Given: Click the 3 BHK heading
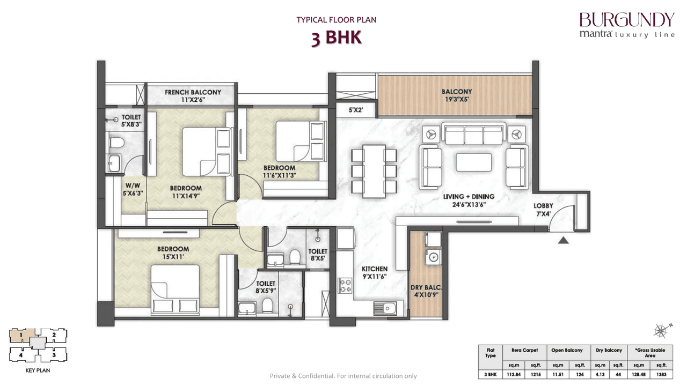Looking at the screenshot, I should [336, 39].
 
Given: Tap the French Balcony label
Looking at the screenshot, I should [192, 92].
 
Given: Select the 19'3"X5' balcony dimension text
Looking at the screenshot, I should [457, 99].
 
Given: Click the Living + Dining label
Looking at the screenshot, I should [469, 197].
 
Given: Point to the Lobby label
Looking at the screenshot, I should [543, 206].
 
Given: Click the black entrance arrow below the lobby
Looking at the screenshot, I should [563, 241].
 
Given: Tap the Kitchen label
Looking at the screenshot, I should [374, 269].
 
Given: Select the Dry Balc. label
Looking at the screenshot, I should [426, 287].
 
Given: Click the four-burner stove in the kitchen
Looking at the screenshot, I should [345, 286].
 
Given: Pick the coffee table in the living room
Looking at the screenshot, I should [473, 162].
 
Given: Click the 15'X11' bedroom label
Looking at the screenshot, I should [173, 253].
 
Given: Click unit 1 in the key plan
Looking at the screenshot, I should [22, 336].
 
